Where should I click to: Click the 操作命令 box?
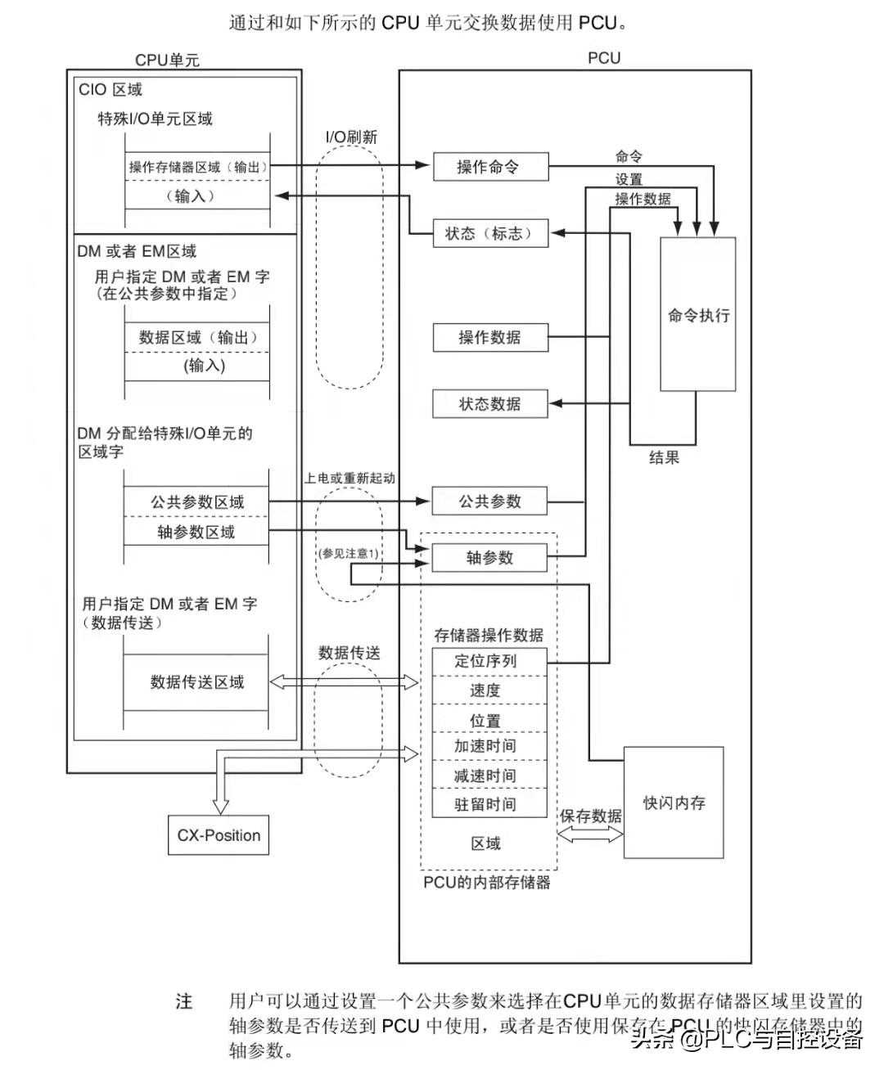489,167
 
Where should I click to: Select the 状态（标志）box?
489,234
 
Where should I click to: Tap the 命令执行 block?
697,315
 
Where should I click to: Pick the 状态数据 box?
489,404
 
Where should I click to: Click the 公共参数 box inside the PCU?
489,501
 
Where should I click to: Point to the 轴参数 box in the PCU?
489,558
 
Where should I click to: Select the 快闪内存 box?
673,802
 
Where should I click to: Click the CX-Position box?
219,835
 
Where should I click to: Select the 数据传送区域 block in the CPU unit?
196,682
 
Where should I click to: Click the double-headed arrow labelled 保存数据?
590,834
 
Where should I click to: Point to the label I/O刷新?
352,137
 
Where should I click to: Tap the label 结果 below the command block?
664,457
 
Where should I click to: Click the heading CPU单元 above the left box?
167,60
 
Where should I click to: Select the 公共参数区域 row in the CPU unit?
196,502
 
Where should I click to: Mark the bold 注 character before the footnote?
184,1001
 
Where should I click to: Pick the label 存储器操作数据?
489,635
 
